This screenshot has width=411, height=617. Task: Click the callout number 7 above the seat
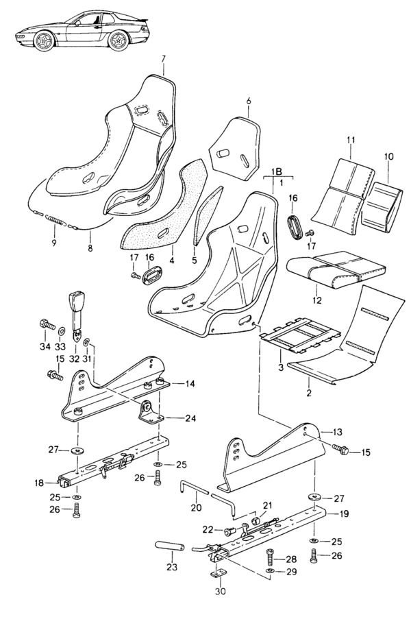[164, 58]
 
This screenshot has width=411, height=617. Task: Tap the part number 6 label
[249, 101]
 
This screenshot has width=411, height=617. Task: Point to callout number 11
[350, 141]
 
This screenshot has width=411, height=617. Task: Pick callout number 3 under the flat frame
[280, 368]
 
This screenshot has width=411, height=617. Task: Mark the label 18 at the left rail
[39, 483]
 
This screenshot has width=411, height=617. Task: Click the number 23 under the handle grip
[171, 567]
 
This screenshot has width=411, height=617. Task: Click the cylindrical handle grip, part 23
[173, 546]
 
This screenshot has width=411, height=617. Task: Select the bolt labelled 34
[47, 322]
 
